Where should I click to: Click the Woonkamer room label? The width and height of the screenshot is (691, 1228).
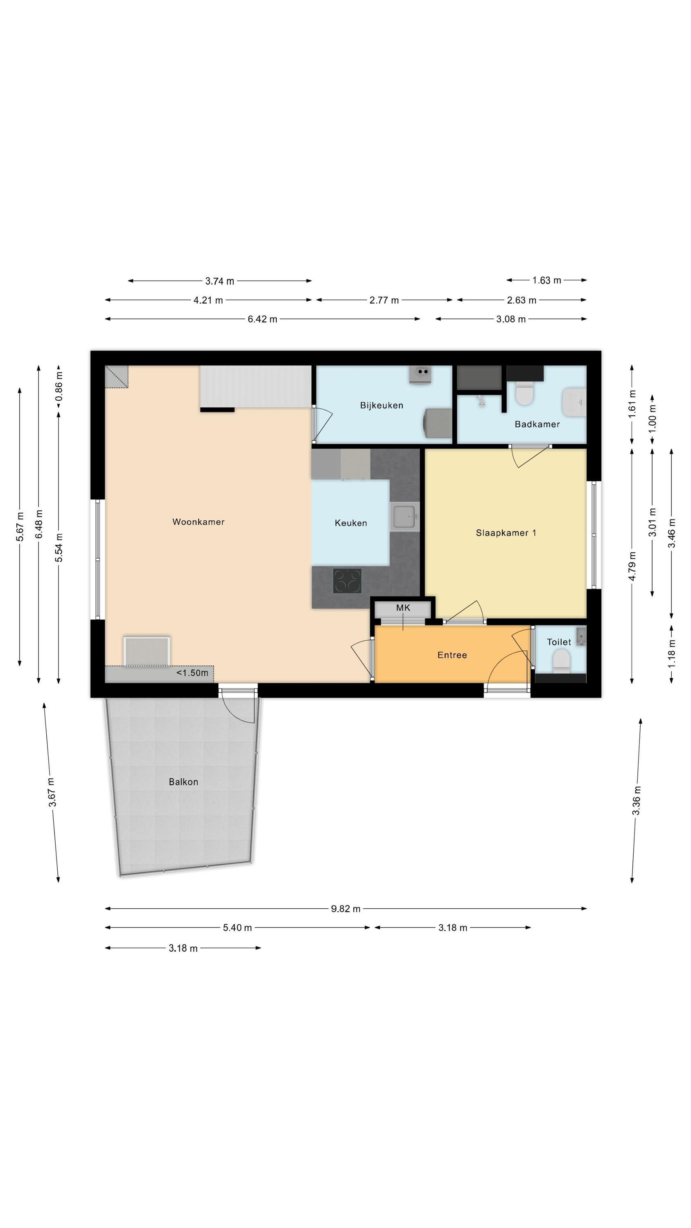[199, 521]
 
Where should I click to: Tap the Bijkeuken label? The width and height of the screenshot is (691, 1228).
[382, 405]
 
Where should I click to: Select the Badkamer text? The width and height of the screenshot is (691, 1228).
[537, 424]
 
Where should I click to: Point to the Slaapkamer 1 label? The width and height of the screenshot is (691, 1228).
[506, 533]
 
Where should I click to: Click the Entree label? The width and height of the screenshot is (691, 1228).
[452, 655]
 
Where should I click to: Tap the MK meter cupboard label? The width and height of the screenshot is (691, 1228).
[403, 608]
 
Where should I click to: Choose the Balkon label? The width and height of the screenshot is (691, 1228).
[183, 782]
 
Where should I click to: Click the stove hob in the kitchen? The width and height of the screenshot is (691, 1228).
[347, 580]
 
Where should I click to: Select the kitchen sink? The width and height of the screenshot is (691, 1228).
[404, 516]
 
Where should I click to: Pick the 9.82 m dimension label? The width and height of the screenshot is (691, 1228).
[346, 909]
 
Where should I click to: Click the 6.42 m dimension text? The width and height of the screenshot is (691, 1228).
[262, 319]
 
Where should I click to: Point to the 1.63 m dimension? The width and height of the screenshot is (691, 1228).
[546, 280]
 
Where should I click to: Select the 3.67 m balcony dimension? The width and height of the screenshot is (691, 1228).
[52, 792]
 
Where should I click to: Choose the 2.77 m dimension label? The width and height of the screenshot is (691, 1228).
[384, 300]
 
